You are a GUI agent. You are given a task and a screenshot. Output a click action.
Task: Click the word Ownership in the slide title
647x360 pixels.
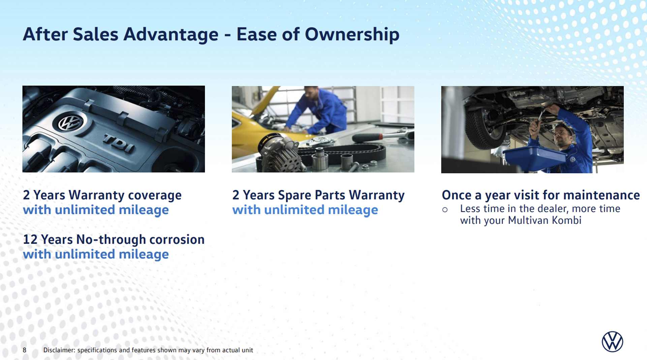coord(352,35)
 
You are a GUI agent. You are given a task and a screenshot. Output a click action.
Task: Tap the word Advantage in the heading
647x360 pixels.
coord(171,35)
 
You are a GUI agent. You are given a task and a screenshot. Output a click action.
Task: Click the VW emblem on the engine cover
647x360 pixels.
coord(70,123)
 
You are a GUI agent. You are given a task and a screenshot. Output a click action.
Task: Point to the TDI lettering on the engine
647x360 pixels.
coord(119,143)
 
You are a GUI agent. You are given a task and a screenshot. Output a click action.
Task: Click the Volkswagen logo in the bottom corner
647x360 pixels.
coord(612,341)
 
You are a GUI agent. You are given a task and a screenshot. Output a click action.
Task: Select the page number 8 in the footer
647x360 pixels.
coord(25,350)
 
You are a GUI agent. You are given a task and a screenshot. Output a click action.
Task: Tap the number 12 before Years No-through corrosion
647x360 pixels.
coord(30,240)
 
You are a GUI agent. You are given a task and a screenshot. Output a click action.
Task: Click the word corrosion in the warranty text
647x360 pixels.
coord(177,240)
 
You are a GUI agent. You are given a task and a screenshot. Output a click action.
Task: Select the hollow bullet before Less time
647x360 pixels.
coord(445,210)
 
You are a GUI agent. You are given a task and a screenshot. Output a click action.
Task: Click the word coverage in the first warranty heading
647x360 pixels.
coord(155,196)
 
